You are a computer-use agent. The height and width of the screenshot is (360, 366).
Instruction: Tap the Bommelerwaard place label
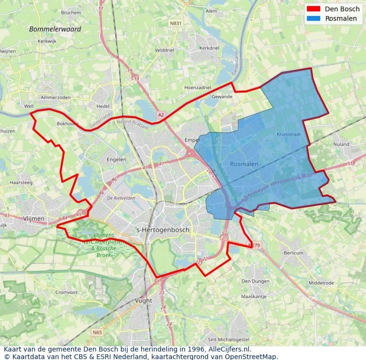coord(55,29)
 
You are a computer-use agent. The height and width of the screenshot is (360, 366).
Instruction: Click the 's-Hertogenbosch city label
coord(162,230)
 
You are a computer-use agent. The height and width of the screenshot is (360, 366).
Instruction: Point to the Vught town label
coord(144,301)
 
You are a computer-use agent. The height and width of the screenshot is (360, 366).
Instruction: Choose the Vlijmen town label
coord(34,218)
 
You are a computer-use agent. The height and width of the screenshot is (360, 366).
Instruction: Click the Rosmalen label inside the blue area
coord(244,164)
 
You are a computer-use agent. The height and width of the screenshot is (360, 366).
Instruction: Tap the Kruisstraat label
coord(289,134)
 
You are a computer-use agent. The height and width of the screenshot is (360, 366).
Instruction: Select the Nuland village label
coord(341,144)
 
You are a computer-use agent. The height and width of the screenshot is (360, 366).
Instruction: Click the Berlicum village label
coord(294,253)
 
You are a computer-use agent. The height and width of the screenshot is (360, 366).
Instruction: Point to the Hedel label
coord(102,106)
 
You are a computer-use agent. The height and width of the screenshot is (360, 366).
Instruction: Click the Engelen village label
coord(116,159)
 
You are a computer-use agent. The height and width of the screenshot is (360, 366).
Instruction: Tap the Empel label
coord(192,140)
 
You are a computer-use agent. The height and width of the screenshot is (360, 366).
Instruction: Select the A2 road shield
coord(161,115)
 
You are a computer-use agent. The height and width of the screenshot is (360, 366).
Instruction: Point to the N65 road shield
coord(97,332)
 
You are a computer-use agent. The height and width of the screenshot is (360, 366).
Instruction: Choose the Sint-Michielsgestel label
coord(229,339)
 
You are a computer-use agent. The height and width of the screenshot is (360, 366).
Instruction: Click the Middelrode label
coord(321,283)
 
